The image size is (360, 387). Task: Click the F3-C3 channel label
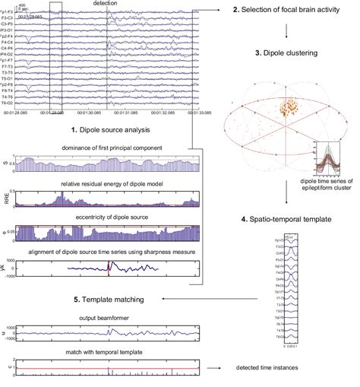(x=11, y=17)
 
